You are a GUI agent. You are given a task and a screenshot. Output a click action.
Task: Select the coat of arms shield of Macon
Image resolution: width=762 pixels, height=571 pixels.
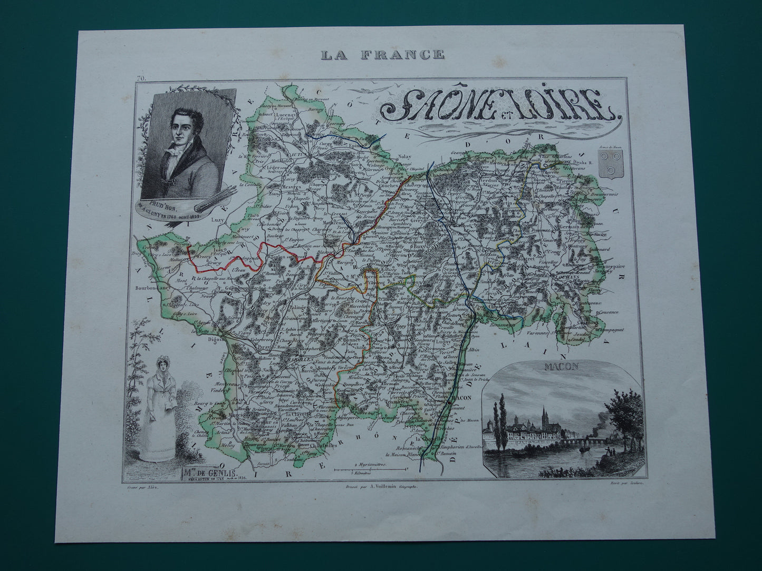click(x=612, y=166)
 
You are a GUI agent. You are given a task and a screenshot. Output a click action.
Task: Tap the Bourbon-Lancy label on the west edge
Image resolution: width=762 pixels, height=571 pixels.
click(x=153, y=289)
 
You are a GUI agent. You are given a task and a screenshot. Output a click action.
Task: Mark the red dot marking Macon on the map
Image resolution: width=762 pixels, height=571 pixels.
click(x=448, y=403)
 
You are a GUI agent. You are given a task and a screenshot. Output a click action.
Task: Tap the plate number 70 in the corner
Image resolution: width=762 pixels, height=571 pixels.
click(x=140, y=79)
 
